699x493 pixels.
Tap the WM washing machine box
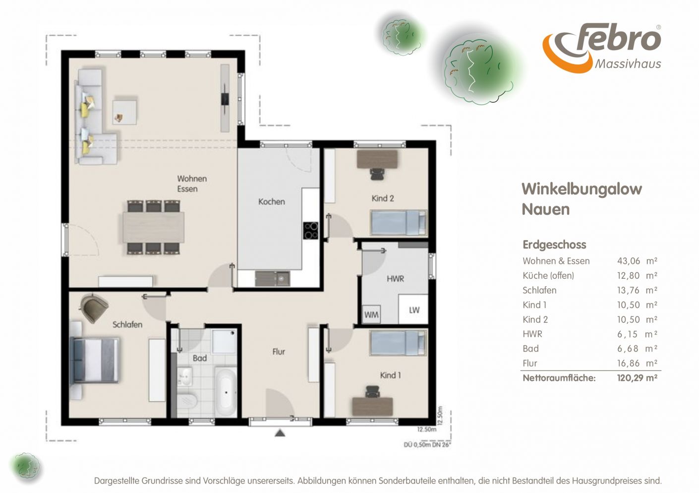371,314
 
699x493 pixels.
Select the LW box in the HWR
413,309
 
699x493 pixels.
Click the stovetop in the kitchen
310,231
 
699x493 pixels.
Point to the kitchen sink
273,279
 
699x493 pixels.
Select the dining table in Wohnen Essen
153,227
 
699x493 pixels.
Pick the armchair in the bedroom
94,308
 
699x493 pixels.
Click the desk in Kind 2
377,159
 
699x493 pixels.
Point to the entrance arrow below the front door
280,433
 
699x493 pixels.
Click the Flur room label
278,352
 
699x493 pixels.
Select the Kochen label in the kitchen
272,202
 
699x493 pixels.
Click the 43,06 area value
629,261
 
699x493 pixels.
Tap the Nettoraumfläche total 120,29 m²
637,378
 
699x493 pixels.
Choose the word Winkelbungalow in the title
582,189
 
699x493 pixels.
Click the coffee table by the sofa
124,113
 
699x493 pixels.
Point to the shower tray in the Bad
224,342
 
